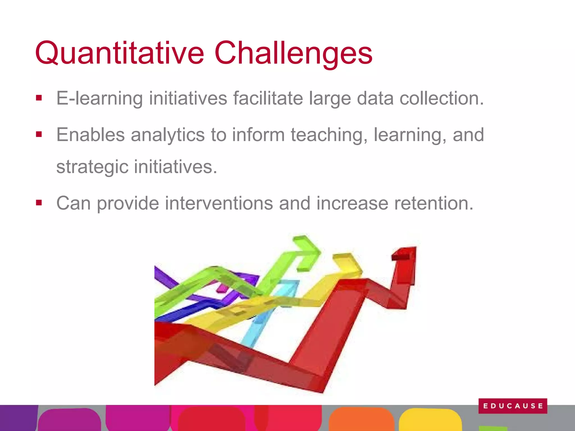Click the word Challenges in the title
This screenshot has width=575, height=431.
pyautogui.click(x=293, y=53)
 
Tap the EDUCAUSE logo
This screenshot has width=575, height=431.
pyautogui.click(x=513, y=406)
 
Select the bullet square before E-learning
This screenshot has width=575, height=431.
pyautogui.click(x=39, y=98)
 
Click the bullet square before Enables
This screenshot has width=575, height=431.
pyautogui.click(x=39, y=135)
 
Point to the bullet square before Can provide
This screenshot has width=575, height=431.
pyautogui.click(x=39, y=203)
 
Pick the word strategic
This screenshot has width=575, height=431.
pyautogui.click(x=92, y=167)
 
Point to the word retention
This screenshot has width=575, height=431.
pyautogui.click(x=434, y=203)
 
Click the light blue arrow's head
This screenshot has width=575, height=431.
pyautogui.click(x=289, y=285)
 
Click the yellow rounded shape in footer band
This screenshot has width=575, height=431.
pyautogui.click(x=430, y=419)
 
